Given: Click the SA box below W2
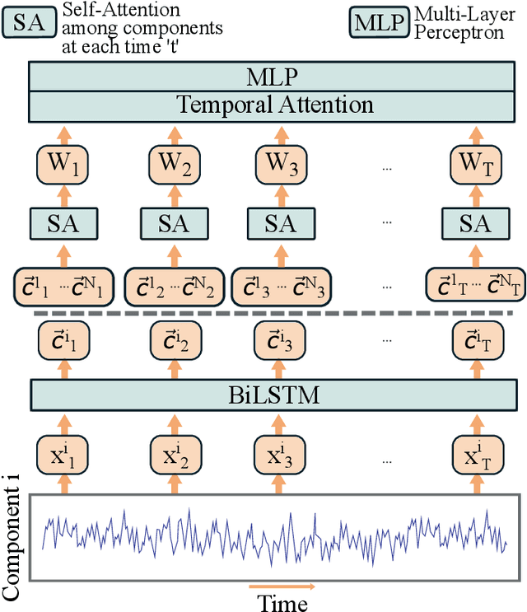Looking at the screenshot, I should pyautogui.click(x=172, y=223).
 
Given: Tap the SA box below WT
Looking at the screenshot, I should pyautogui.click(x=475, y=223).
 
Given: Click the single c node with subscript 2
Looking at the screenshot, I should pyautogui.click(x=172, y=339).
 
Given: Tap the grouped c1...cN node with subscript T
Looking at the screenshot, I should pyautogui.click(x=475, y=286).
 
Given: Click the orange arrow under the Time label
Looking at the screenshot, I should pyautogui.click(x=282, y=587).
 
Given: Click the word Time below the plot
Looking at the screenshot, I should pyautogui.click(x=282, y=602).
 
